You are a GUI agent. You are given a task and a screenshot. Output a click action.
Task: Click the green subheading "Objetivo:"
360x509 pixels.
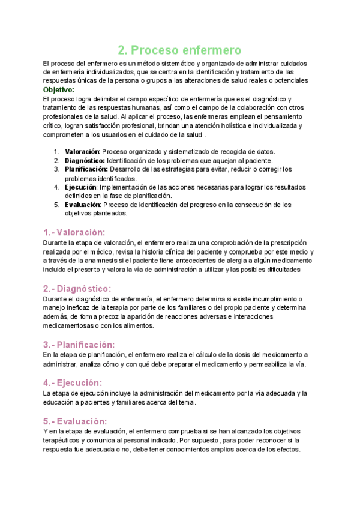59,90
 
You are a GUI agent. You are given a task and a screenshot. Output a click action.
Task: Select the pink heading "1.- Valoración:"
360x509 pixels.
74,232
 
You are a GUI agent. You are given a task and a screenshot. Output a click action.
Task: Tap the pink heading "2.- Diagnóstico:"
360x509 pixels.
78,288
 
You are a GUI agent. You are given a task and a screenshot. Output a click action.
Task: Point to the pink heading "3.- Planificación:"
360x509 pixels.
79,345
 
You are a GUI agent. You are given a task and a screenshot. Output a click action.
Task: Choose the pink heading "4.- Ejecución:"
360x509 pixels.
73,382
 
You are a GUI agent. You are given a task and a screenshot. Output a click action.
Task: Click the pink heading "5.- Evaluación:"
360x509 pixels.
75,421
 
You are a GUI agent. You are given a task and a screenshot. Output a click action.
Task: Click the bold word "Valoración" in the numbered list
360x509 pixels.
82,152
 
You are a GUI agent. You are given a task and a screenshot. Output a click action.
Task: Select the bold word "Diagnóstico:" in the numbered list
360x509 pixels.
85,160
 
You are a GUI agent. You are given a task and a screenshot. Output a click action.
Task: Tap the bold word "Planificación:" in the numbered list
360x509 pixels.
86,169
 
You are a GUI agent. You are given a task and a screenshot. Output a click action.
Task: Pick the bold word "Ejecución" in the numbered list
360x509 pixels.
80,187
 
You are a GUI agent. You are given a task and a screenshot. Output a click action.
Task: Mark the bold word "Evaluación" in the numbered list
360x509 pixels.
82,205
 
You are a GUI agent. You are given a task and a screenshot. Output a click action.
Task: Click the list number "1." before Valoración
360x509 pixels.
57,152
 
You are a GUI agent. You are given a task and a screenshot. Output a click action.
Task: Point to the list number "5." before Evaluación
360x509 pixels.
57,205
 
